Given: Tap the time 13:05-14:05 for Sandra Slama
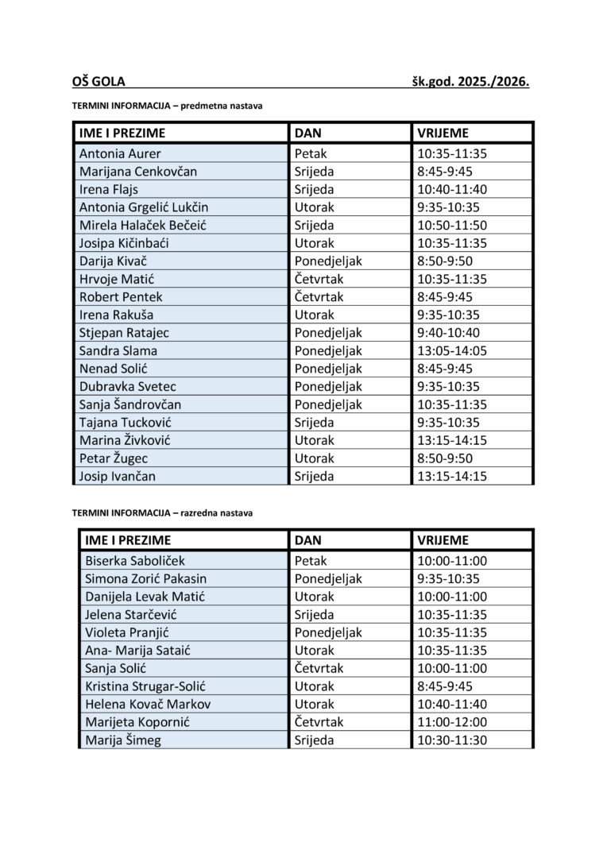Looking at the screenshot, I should click(451, 350).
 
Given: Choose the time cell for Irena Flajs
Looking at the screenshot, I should click(451, 189).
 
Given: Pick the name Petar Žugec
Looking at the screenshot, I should click(114, 458).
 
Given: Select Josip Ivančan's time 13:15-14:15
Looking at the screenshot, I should click(451, 476).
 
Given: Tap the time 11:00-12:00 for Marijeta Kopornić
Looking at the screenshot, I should click(451, 722).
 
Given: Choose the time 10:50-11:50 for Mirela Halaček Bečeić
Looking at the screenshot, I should click(451, 225).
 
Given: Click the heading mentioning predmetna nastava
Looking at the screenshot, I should click(167, 105).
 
